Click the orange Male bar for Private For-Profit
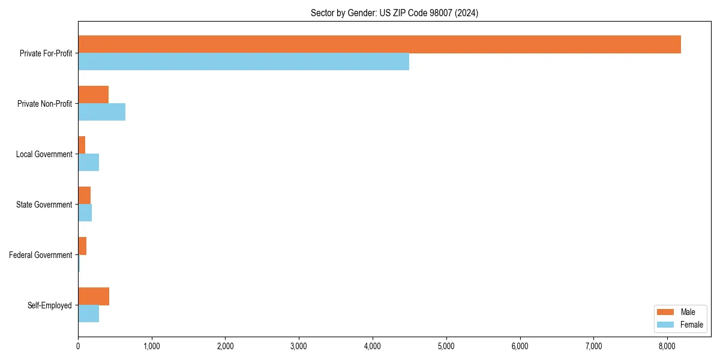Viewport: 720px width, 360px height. pyautogui.click(x=379, y=44)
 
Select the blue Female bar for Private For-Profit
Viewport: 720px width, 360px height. pyautogui.click(x=244, y=61)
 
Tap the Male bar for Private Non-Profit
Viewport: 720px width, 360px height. pyautogui.click(x=93, y=95)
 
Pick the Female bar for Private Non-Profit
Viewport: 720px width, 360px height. pyautogui.click(x=101, y=112)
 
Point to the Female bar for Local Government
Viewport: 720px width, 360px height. pyautogui.click(x=88, y=162)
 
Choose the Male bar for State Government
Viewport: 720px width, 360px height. pyautogui.click(x=84, y=196)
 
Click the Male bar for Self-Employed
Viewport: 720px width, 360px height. pyautogui.click(x=94, y=296)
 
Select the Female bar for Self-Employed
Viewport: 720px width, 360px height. pyautogui.click(x=88, y=313)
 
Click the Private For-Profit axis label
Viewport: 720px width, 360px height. pyautogui.click(x=46, y=53)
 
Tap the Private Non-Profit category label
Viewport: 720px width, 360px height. pyautogui.click(x=44, y=104)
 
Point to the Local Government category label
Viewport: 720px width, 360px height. pyautogui.click(x=44, y=154)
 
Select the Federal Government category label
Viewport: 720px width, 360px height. pyautogui.click(x=41, y=255)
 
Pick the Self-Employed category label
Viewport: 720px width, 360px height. pyautogui.click(x=49, y=305)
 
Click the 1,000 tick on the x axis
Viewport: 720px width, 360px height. pyautogui.click(x=152, y=346)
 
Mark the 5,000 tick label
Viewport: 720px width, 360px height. pyautogui.click(x=446, y=346)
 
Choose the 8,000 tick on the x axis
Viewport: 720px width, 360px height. pyautogui.click(x=667, y=346)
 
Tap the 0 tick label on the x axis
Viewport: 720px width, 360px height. pyautogui.click(x=78, y=346)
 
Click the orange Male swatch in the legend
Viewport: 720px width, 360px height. pyautogui.click(x=666, y=312)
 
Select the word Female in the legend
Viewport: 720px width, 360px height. pyautogui.click(x=692, y=325)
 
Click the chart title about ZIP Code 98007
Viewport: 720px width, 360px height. pyautogui.click(x=394, y=13)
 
